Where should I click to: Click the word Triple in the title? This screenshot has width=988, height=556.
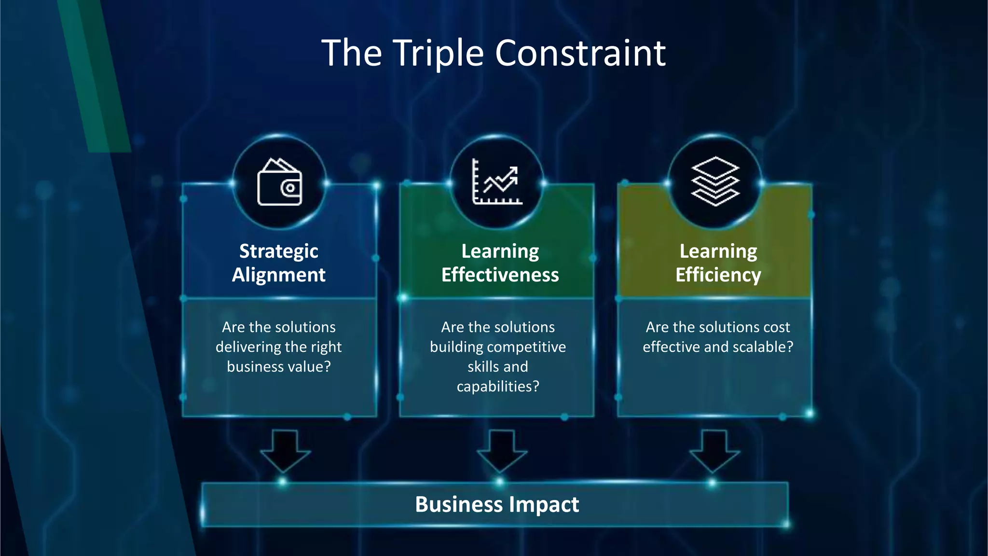(x=438, y=53)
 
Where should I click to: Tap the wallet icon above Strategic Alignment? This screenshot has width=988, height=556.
(x=280, y=182)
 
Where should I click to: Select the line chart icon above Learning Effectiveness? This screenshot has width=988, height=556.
(x=497, y=182)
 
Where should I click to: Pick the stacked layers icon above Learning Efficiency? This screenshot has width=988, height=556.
(x=715, y=181)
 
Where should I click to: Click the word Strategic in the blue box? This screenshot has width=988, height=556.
(x=279, y=251)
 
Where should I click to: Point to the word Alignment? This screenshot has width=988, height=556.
(x=279, y=275)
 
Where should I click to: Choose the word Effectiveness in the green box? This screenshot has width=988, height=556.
(x=500, y=275)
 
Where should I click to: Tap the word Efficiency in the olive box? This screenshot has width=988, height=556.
(x=718, y=275)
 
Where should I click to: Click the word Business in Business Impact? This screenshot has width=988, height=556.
(x=459, y=504)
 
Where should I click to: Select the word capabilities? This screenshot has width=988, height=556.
(x=497, y=387)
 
